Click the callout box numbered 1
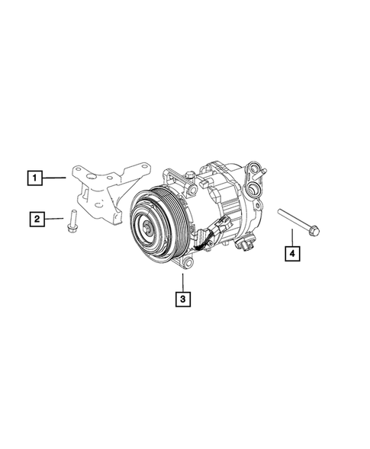(34, 178)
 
